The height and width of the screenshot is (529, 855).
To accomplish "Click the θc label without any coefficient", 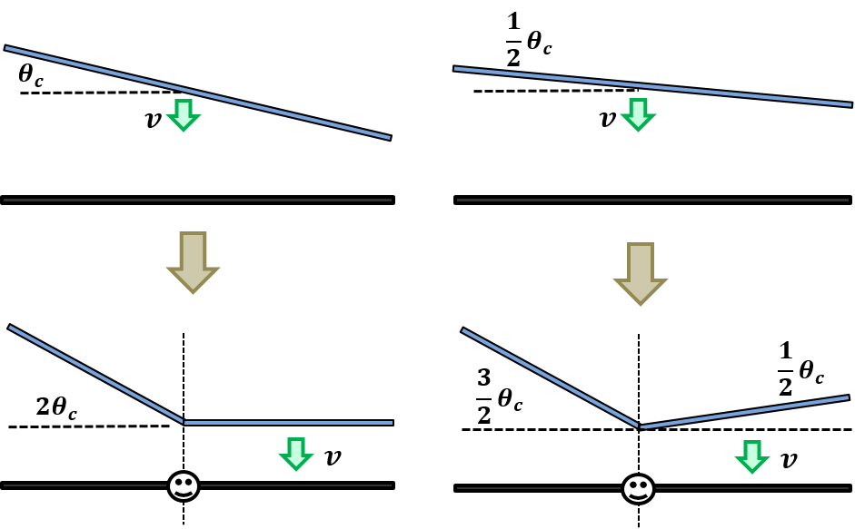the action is click(31, 75).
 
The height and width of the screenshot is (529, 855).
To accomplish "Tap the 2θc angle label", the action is click(56, 407).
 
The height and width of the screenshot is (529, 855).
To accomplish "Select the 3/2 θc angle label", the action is click(499, 396).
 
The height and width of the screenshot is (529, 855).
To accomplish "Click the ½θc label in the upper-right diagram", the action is click(529, 40).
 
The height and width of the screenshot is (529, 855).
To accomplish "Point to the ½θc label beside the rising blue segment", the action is click(800, 368).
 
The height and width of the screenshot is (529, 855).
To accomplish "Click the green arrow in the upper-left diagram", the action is click(184, 115).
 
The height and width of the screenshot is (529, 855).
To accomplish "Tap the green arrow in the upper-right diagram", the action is click(638, 115).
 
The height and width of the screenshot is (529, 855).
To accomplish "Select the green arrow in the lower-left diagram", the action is click(296, 454).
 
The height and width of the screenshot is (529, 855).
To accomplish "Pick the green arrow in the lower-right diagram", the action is click(752, 456).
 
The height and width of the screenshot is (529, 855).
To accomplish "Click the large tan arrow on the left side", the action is click(193, 262).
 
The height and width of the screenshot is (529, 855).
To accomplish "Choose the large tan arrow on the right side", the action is click(641, 274).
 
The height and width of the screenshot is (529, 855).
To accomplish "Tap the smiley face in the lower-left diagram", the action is click(184, 486).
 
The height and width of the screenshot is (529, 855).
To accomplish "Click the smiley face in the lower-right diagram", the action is click(638, 489).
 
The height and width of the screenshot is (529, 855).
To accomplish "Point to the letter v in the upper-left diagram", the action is click(154, 120).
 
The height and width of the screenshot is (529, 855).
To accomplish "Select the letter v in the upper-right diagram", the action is click(608, 119).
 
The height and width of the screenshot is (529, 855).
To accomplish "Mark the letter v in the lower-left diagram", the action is click(333, 457).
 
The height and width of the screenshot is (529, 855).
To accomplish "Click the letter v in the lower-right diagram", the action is click(789, 460).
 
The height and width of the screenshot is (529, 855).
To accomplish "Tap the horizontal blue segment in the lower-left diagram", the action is click(289, 423).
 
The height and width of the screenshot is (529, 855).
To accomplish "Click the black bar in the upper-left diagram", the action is click(197, 200).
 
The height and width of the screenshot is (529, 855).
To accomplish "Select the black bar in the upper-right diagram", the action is click(652, 200).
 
